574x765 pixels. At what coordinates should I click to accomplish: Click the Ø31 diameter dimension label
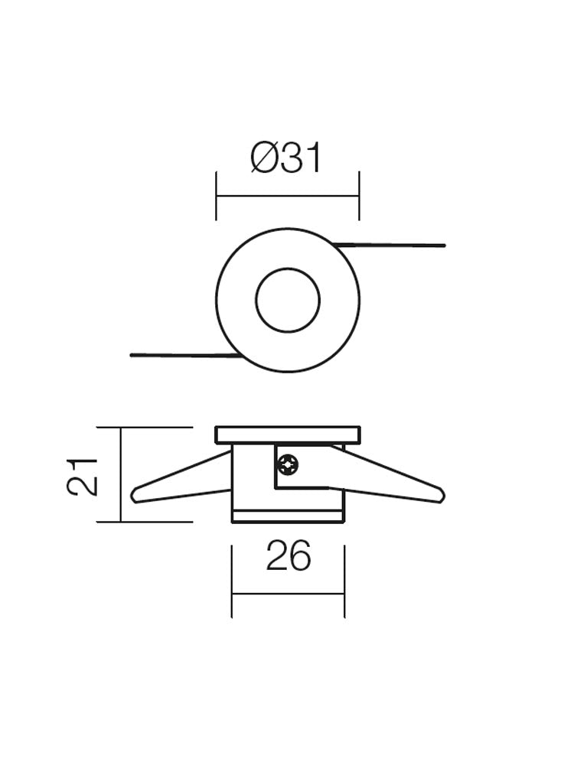click(x=286, y=158)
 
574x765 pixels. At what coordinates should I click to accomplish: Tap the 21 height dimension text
click(x=83, y=477)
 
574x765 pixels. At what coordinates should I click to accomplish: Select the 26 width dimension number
click(x=289, y=555)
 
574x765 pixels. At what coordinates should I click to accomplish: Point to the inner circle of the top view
click(x=288, y=300)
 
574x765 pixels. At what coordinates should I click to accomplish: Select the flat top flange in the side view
click(x=288, y=435)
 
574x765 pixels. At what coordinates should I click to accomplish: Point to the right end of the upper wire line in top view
click(x=444, y=245)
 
